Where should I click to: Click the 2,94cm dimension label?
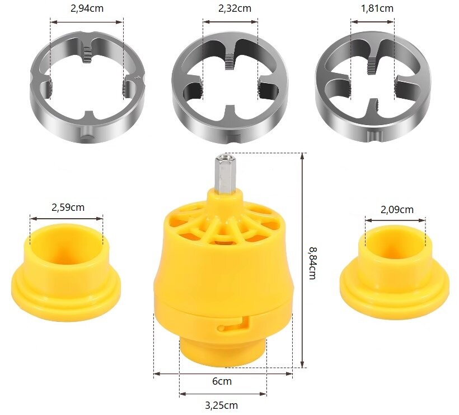87,8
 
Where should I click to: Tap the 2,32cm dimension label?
235,8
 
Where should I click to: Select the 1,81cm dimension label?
377,8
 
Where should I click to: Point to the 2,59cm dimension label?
68,208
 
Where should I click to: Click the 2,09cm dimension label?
397,209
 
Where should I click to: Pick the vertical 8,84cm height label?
312,264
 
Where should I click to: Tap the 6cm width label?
222,381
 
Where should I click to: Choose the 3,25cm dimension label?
221,405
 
